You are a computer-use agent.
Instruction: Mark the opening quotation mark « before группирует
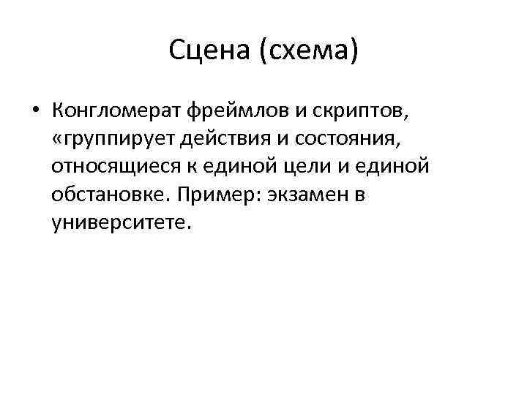[x=58, y=140]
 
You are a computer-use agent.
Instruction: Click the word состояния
[x=363, y=140]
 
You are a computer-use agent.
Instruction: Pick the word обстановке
[x=107, y=195]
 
